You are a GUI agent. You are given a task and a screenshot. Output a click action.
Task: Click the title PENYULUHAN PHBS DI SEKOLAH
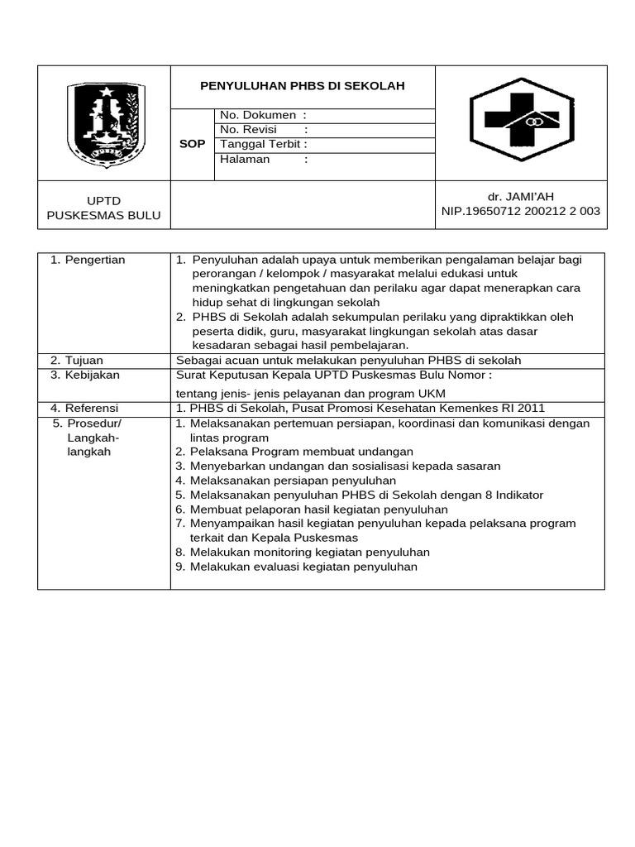click(303, 86)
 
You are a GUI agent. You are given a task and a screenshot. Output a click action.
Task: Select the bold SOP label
click(192, 144)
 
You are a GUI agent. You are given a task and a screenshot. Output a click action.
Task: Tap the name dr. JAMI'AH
click(521, 196)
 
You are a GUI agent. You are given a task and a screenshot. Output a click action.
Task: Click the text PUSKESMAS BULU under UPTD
click(103, 216)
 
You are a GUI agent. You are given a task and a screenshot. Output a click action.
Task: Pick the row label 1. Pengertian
click(88, 260)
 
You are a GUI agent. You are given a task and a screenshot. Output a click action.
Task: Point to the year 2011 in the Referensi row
click(532, 408)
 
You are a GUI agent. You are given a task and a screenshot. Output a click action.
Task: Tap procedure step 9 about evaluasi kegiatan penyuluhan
click(303, 567)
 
